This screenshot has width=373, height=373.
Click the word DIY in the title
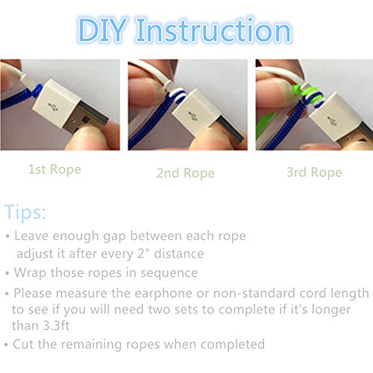[x=102, y=31]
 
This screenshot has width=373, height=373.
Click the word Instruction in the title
[x=214, y=31]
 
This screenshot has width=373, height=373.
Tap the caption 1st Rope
[x=54, y=169]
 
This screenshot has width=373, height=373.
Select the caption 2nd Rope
[x=186, y=173]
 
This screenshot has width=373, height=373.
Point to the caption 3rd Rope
[x=314, y=172]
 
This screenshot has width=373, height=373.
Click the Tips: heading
[x=25, y=212]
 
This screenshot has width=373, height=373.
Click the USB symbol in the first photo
[x=53, y=107]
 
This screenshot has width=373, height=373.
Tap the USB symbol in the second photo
[x=192, y=116]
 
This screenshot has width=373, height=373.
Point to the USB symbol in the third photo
[x=332, y=120]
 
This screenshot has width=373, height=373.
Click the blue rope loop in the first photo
[x=37, y=91]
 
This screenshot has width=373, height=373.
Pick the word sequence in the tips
[x=169, y=273]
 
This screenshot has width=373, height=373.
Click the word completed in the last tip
[x=233, y=345]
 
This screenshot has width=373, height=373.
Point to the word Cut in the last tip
[x=23, y=344]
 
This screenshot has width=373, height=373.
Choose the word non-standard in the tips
[x=254, y=293]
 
